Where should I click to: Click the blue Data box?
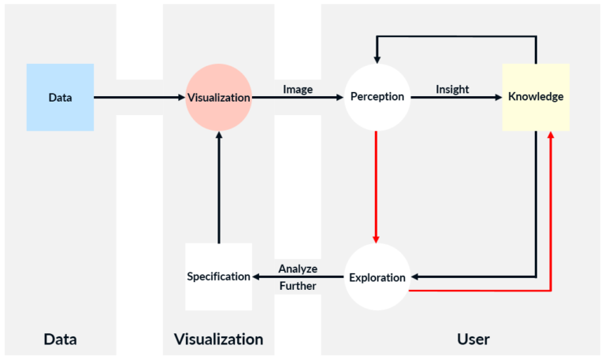click(x=60, y=97)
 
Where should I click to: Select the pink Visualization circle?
click(x=218, y=97)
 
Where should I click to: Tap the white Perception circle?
click(x=377, y=97)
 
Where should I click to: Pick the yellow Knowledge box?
click(x=536, y=97)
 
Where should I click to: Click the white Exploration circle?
click(x=377, y=277)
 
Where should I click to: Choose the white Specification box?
click(x=218, y=276)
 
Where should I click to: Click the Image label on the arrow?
click(x=298, y=89)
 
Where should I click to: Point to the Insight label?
click(x=452, y=89)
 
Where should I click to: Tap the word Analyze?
click(x=298, y=269)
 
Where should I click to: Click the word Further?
click(x=298, y=286)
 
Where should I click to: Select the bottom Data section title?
click(x=60, y=340)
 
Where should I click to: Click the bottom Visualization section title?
click(x=218, y=340)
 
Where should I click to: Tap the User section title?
click(x=473, y=340)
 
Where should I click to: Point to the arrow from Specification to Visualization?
click(x=218, y=189)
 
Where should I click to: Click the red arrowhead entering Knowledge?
click(x=551, y=135)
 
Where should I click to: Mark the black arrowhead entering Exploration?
click(x=415, y=277)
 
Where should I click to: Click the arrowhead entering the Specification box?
click(x=255, y=276)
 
